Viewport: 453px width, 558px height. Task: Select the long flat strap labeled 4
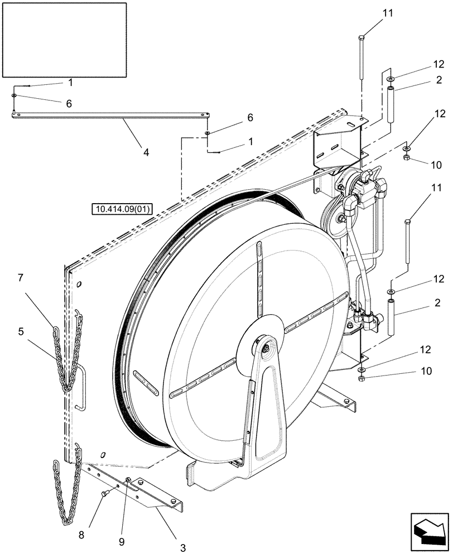click(112, 116)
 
